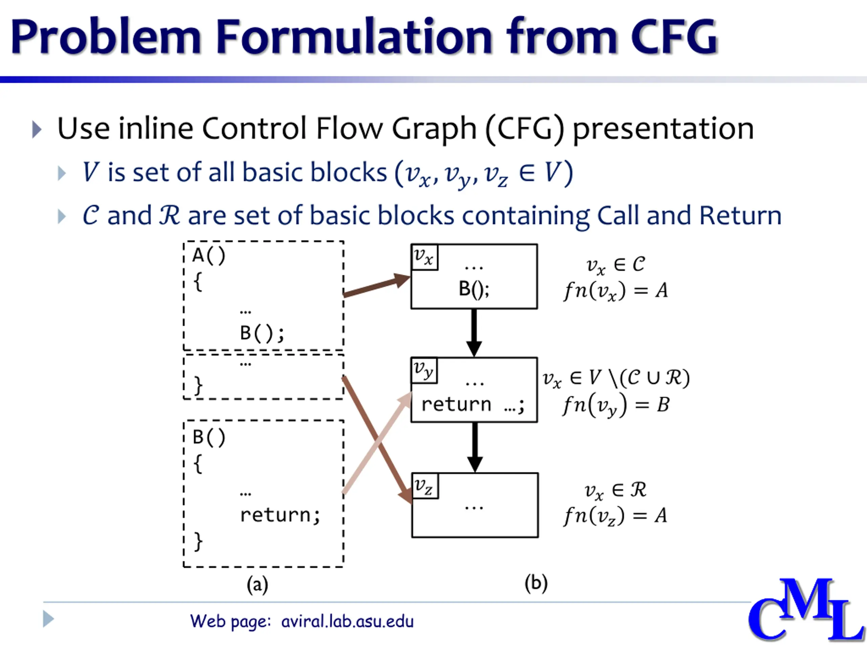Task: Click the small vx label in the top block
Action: tap(424, 257)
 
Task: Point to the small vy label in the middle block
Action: tap(424, 370)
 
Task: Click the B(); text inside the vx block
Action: tap(474, 289)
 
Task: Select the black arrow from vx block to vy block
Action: tap(474, 333)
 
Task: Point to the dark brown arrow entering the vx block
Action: tap(376, 286)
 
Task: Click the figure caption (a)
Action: tap(257, 585)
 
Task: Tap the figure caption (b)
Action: tap(536, 583)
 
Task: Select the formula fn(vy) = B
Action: tap(616, 405)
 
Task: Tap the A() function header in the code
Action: tap(209, 256)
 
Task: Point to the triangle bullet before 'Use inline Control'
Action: tap(37, 129)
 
